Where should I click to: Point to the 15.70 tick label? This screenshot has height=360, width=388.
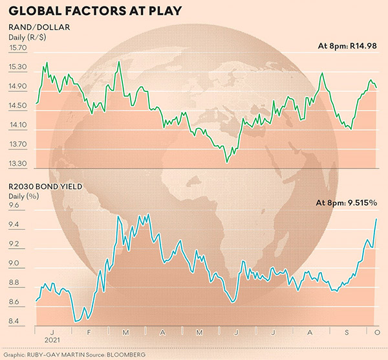(19, 48)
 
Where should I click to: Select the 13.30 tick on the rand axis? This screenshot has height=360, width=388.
(19, 164)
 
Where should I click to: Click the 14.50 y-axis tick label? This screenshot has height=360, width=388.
(19, 106)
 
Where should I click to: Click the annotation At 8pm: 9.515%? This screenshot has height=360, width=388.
(346, 203)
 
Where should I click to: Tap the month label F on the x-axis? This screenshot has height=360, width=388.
(87, 332)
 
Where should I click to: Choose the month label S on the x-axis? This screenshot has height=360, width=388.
(345, 332)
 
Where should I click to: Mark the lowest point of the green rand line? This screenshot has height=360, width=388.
(226, 161)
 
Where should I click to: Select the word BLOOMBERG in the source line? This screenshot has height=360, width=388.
(144, 355)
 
